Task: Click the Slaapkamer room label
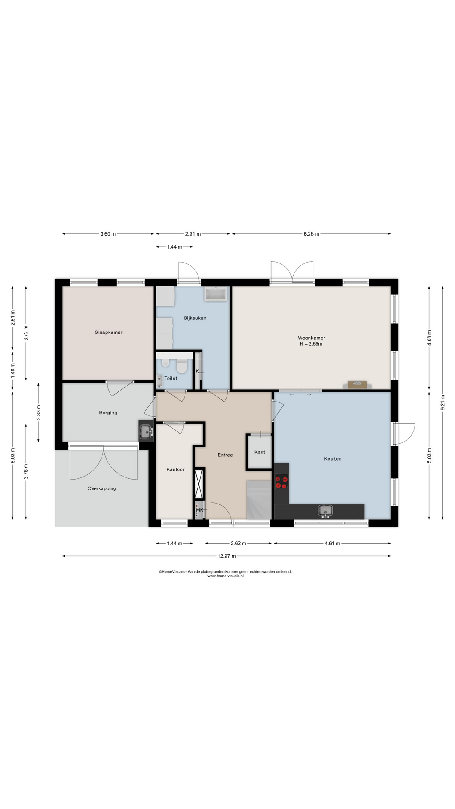coord(109,332)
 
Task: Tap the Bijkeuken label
coord(195,318)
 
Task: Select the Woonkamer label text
coord(311,338)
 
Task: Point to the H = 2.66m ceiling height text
coord(311,344)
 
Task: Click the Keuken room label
coord(333,459)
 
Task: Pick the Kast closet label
coord(260,452)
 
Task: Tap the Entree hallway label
coord(225,455)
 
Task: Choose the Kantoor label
coord(175,469)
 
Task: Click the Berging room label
coord(108,413)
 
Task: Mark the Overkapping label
coord(102,489)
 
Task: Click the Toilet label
coord(171,378)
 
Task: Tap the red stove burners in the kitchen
coord(281,482)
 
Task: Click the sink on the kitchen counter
coord(325,511)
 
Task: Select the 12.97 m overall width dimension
coord(227,556)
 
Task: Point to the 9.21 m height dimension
coord(443,402)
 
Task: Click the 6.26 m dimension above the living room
coord(311,234)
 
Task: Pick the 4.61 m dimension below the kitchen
coord(332,544)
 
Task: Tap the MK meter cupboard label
coord(200,510)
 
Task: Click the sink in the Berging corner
coord(146,431)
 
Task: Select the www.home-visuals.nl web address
coord(225,576)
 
